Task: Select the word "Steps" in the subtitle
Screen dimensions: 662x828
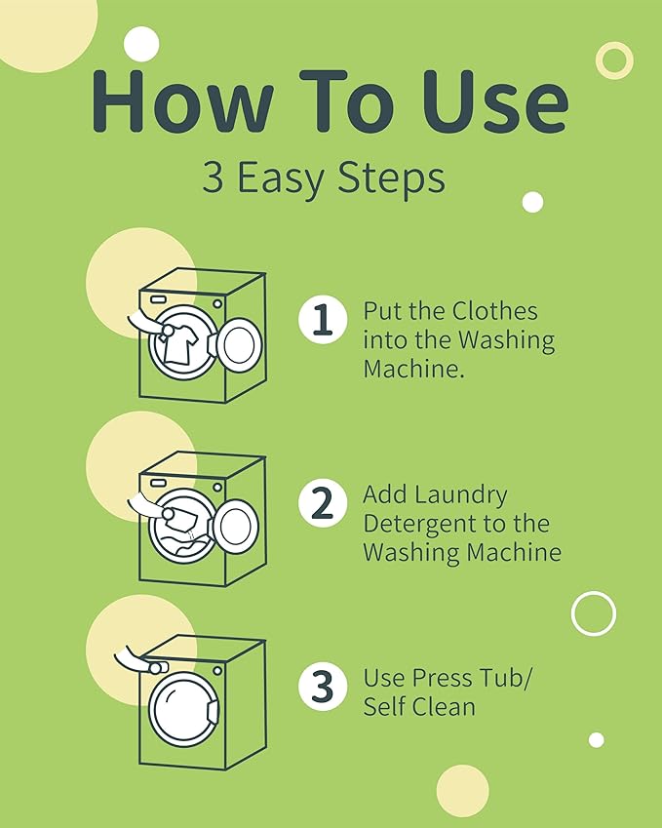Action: (391, 178)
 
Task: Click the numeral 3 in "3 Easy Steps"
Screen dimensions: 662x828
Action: (213, 177)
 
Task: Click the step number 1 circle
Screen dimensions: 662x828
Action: (323, 320)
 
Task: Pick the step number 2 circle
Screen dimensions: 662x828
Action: (323, 502)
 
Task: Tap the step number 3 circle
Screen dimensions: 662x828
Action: (323, 686)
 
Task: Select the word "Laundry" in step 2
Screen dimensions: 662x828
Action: (461, 494)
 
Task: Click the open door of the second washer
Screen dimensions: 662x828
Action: (238, 527)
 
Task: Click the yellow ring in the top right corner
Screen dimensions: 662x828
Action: (614, 60)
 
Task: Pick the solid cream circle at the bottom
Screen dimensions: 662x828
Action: (462, 791)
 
